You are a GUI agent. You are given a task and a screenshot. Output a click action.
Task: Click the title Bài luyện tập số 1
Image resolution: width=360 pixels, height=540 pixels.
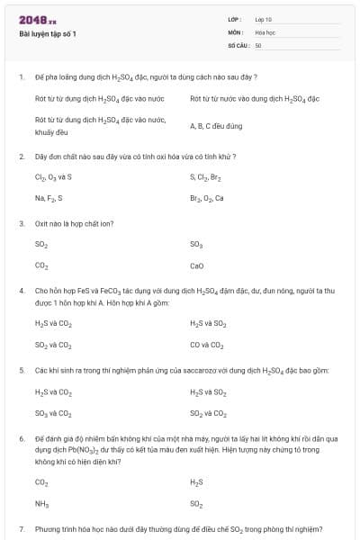[x=49, y=34]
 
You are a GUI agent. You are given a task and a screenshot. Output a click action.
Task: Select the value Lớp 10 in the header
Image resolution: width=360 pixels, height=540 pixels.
[x=264, y=19]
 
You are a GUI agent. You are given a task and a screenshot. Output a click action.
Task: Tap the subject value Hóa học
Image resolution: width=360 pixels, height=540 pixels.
[x=265, y=31]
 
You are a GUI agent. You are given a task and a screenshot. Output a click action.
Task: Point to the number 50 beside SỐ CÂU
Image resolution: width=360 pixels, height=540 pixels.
[x=258, y=44]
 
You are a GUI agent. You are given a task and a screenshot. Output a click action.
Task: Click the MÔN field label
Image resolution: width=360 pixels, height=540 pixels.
[x=235, y=31]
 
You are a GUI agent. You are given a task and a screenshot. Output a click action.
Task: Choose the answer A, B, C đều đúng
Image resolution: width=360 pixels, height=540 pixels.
[x=216, y=126]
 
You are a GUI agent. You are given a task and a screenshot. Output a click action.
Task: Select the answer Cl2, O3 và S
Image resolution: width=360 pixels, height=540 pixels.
[x=53, y=177]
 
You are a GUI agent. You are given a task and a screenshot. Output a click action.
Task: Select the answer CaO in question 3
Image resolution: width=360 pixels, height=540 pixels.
[x=197, y=265]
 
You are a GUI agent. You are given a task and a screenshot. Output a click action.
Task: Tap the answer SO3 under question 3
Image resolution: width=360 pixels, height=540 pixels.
[x=196, y=244]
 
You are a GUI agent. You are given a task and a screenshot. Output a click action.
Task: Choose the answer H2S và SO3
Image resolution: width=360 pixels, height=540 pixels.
[x=208, y=323]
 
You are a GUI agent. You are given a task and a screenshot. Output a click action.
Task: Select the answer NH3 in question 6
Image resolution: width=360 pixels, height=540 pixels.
[x=41, y=504]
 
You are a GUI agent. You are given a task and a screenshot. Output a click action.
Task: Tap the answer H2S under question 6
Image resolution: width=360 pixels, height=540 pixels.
[x=197, y=482]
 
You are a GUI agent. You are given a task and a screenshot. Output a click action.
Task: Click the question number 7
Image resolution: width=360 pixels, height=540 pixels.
[x=22, y=528]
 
